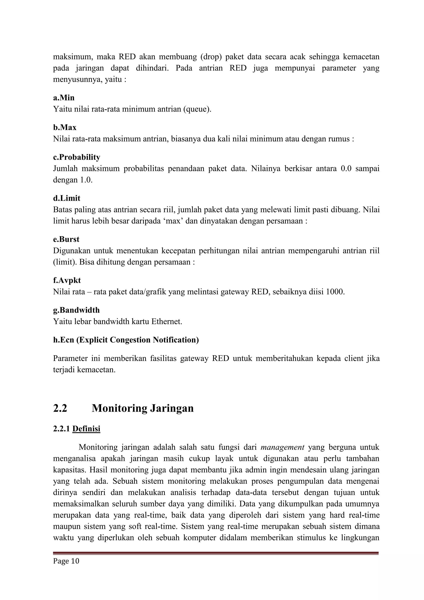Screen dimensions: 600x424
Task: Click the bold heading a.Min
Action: [x=64, y=98]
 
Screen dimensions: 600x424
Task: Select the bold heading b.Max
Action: [x=65, y=128]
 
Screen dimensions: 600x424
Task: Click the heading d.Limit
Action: [x=67, y=198]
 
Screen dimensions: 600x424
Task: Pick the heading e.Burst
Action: [x=66, y=239]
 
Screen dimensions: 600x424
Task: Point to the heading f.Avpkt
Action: [x=67, y=280]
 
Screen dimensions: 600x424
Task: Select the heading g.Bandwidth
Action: [x=76, y=310]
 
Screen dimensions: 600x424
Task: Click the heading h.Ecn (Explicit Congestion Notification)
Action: [x=126, y=340]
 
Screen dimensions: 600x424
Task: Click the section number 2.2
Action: [x=60, y=408]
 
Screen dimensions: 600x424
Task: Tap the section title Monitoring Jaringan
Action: [x=143, y=408]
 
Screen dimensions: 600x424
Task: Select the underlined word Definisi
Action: [x=86, y=429]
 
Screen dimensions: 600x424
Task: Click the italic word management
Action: [x=282, y=447]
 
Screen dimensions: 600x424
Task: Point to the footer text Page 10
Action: [x=66, y=561]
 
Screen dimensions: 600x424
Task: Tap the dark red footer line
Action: [x=216, y=553]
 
